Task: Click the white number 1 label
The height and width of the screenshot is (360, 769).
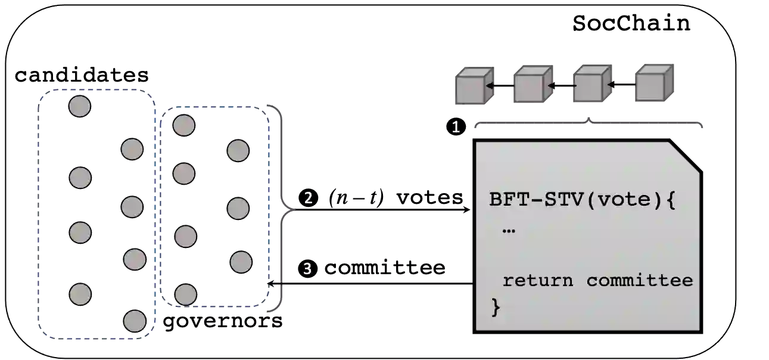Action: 456,128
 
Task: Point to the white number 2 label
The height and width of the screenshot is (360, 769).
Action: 308,198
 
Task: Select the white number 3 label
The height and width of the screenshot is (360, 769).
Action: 307,269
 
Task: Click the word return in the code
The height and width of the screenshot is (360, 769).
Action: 537,280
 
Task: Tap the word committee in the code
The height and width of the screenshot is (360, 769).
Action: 640,280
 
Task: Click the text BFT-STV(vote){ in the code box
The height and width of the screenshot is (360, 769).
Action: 583,199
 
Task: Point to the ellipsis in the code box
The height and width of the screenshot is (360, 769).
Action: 508,230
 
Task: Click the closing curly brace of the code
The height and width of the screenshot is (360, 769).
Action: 496,307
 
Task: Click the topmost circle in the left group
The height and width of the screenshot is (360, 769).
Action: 79,106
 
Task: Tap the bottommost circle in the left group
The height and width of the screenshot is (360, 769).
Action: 135,321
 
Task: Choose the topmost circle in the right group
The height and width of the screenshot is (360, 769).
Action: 183,125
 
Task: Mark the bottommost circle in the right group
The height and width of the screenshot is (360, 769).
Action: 185,294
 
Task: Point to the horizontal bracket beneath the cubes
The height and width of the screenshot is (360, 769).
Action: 589,124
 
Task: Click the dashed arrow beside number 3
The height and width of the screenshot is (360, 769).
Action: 276,284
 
